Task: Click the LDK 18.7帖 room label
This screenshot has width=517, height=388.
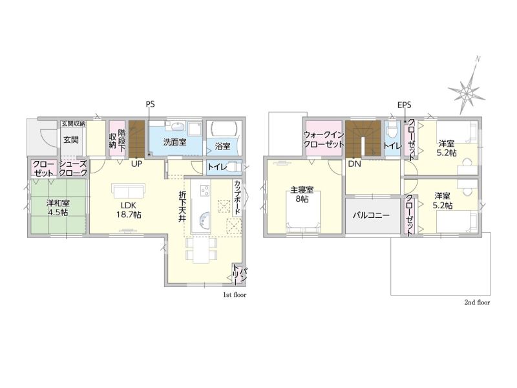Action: [129, 210]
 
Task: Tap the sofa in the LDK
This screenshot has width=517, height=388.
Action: [129, 190]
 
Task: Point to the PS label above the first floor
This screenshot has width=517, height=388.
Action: [150, 105]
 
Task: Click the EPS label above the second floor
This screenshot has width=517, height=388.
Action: [405, 105]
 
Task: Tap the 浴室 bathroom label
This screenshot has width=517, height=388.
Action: [222, 146]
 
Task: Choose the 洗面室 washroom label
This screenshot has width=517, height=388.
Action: [174, 142]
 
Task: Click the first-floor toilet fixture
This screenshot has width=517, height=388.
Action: [233, 167]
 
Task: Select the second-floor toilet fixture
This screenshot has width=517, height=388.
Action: [392, 131]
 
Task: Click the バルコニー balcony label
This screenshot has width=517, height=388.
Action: [371, 215]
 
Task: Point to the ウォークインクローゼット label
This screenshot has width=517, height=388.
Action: [324, 140]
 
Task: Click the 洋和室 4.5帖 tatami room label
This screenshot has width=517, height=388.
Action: [58, 208]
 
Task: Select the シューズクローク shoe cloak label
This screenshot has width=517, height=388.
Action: [73, 168]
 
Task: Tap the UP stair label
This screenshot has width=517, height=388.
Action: [136, 164]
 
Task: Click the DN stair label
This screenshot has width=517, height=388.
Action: [354, 164]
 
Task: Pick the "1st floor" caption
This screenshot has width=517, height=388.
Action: [235, 295]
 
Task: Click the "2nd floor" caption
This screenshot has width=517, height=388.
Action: [477, 302]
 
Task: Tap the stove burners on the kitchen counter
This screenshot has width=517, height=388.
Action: [205, 189]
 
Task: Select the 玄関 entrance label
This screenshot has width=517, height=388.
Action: [71, 140]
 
